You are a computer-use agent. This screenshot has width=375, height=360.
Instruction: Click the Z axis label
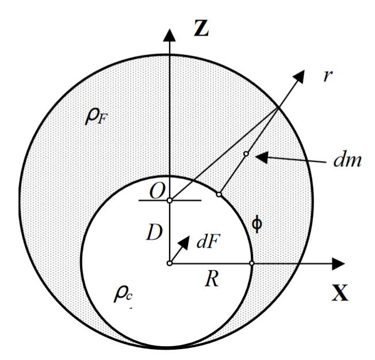[201, 28]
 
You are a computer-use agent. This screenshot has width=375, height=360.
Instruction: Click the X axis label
[339, 293]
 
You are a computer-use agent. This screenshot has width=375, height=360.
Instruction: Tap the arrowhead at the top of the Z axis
[169, 35]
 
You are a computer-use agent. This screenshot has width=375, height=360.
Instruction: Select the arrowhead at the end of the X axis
[338, 263]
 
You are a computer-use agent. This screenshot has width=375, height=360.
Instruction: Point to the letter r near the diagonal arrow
[328, 76]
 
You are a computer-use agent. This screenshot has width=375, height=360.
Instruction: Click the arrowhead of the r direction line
[299, 76]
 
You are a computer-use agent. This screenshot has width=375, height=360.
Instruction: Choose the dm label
[347, 160]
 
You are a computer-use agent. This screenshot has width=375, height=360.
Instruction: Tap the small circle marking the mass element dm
[246, 154]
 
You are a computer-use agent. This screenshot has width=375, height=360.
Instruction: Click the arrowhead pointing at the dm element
[261, 157]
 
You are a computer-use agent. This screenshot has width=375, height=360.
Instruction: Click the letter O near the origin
[157, 192]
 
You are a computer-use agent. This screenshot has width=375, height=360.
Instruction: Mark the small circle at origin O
[169, 201]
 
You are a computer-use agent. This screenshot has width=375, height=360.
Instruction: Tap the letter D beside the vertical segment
[154, 232]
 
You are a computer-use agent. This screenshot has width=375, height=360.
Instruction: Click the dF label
[208, 242]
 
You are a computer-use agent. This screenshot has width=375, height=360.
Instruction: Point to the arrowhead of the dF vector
[185, 242]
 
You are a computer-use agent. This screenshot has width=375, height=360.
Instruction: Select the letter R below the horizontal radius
[212, 279]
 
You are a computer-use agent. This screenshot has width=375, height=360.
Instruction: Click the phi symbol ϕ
[257, 224]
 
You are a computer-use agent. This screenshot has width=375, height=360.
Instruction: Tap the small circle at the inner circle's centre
[169, 263]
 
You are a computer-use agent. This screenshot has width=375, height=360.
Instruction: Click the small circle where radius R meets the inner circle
[251, 263]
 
